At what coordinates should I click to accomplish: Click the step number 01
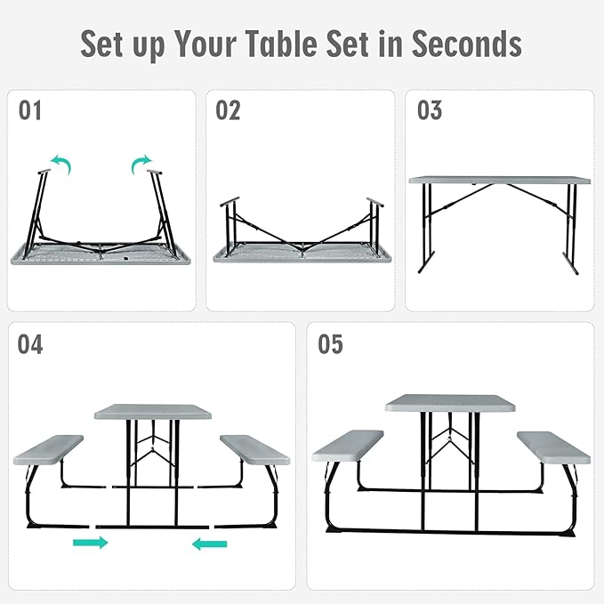30,111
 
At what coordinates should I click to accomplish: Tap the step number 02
229,111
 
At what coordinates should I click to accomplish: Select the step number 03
430,111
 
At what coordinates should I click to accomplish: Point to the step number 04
30,344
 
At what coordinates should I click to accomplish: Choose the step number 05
330,344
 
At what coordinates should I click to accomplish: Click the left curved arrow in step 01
60,163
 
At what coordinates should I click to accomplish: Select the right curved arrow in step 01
141,163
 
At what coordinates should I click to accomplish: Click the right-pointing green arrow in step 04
90,542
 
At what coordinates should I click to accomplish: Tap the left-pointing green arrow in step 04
210,543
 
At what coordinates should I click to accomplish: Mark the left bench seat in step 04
48,449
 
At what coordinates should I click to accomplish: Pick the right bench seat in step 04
254,449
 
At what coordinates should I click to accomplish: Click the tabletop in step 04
154,412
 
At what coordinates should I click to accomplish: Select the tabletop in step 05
450,402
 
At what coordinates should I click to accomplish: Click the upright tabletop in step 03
499,180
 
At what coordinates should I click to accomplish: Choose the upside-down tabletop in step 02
302,254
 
